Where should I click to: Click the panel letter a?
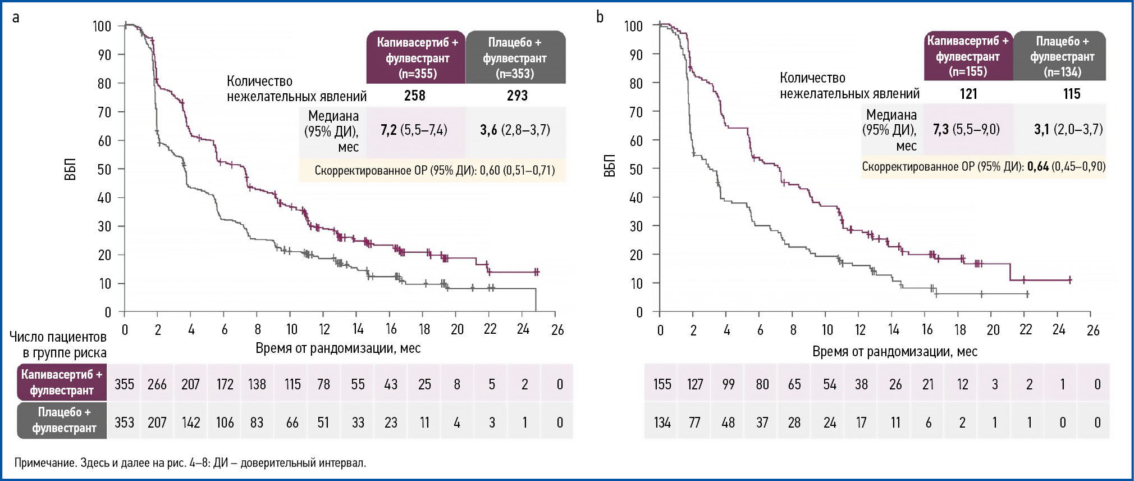point(16,18)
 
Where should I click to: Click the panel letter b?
point(600,18)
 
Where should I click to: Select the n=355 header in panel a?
point(417,58)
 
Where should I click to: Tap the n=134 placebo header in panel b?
point(1062,56)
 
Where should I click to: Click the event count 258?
point(415,96)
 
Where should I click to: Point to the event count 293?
point(517,96)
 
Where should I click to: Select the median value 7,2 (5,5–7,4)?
point(414,130)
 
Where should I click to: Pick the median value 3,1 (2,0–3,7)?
point(1068,129)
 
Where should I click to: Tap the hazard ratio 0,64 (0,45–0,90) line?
point(984,167)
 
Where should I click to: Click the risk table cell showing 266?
point(157,384)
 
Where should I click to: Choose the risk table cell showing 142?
point(191,423)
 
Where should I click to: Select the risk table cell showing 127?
point(695,384)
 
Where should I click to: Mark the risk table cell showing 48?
point(728,423)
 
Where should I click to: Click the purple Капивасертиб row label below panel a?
point(62,382)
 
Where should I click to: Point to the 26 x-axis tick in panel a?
point(557,330)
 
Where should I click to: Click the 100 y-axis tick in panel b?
point(634,26)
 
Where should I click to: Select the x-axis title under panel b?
point(895,352)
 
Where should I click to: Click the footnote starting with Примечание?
point(190,463)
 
